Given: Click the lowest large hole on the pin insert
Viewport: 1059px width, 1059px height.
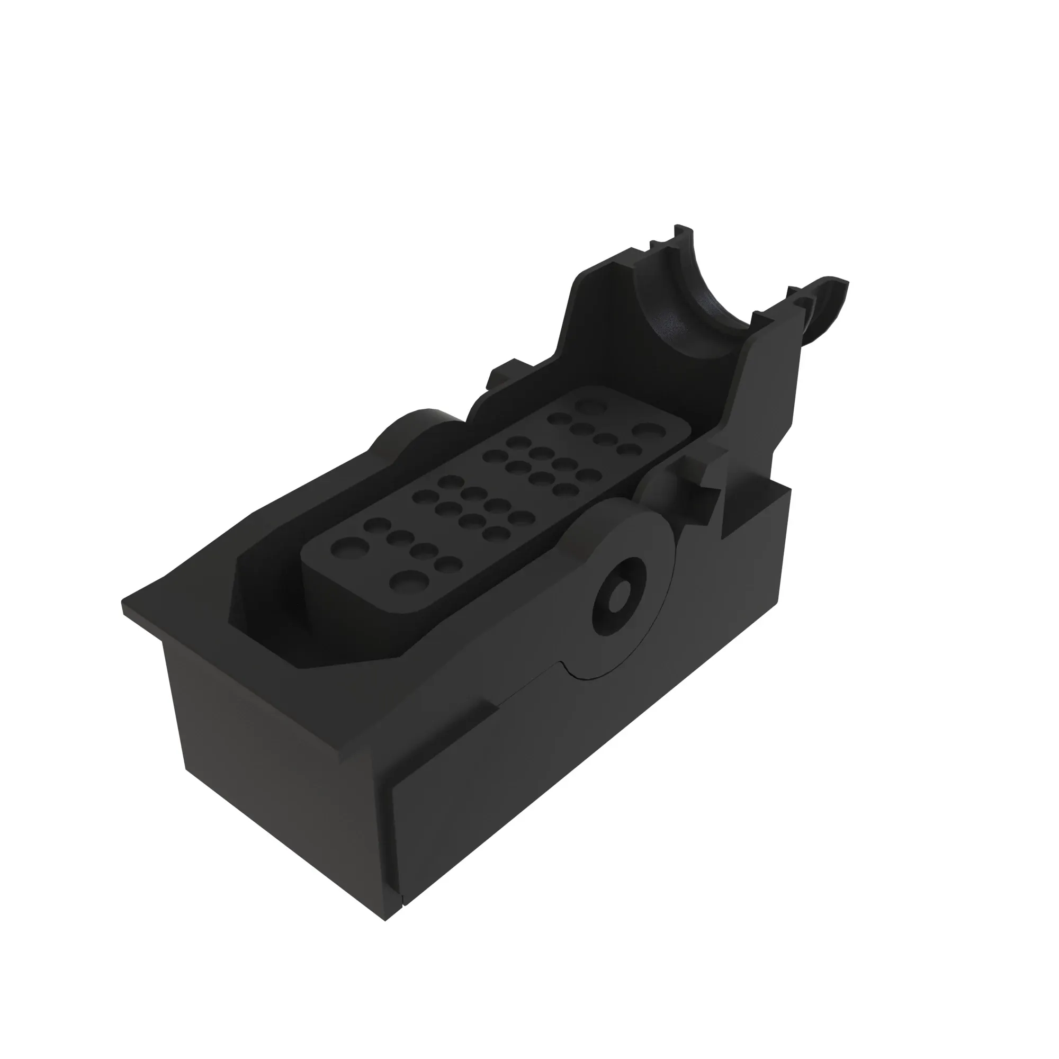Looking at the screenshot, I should pos(406,579).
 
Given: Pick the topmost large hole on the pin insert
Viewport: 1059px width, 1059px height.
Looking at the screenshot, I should pos(590,406).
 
